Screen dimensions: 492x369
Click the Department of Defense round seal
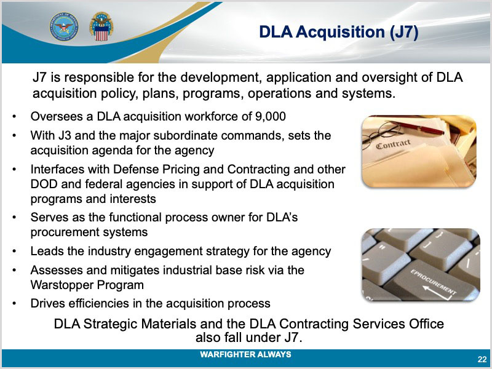point(64,26)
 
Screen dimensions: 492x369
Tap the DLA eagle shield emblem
point(101,26)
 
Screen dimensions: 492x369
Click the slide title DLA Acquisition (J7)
point(339,32)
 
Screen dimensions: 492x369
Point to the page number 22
point(482,359)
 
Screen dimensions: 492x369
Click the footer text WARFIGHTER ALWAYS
point(245,355)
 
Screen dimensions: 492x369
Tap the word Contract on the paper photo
point(393,144)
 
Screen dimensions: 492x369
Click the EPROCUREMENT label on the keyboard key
point(434,282)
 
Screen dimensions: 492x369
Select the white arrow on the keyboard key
point(437,292)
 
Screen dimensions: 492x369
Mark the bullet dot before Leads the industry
point(14,252)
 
